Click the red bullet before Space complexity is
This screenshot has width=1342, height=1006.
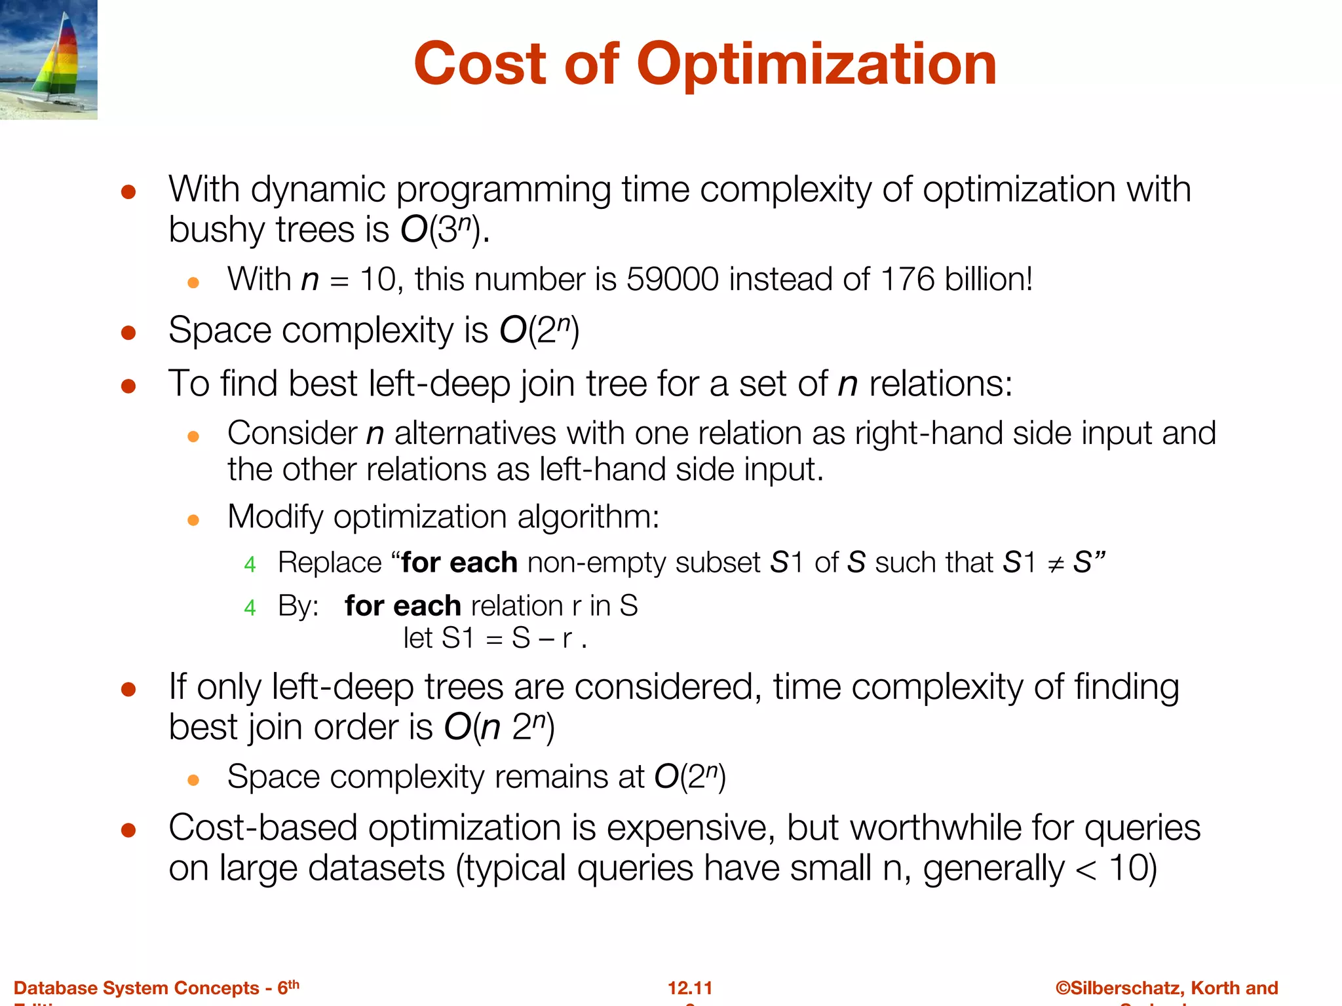[x=128, y=333]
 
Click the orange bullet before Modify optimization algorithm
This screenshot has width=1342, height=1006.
[x=193, y=521]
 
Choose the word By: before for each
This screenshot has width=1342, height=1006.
[x=298, y=606]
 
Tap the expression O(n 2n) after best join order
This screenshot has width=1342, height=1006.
[x=499, y=728]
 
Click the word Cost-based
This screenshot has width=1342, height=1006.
[x=263, y=828]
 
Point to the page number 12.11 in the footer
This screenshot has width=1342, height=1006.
[x=690, y=988]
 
